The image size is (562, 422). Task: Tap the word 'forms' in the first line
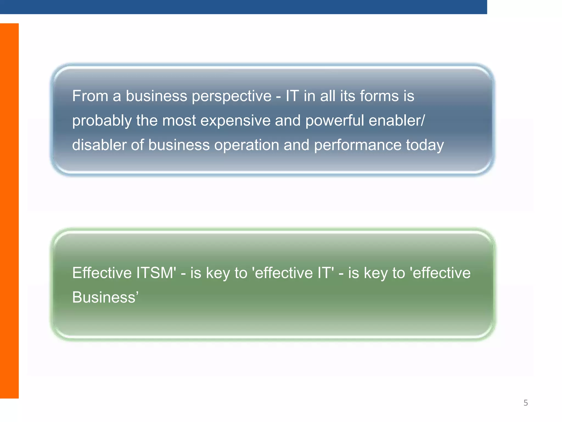point(379,96)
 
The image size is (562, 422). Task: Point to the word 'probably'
point(102,121)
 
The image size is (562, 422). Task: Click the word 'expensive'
point(235,121)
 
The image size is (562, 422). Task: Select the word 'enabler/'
point(397,121)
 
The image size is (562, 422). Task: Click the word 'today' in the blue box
point(425,146)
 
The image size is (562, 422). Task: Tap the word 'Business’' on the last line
point(105,298)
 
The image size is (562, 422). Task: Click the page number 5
point(526,403)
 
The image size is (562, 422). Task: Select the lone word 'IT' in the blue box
point(292,96)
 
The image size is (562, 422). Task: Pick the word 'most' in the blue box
point(179,121)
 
